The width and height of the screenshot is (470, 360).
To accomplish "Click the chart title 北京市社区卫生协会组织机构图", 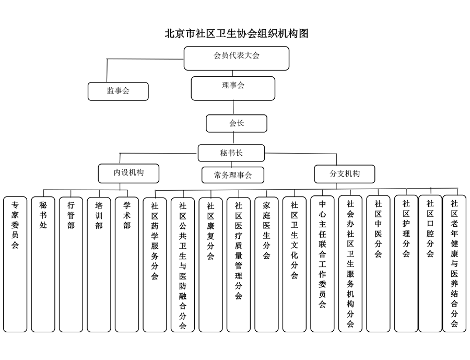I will point(237,34).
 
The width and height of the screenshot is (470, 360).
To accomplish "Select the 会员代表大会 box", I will point(236,58).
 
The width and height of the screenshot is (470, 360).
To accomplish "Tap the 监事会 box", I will point(118,91).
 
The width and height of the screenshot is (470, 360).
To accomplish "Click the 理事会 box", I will point(232,88).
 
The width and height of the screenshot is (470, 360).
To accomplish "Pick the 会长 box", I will point(236,123).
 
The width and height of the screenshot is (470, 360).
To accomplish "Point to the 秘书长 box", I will point(231,153).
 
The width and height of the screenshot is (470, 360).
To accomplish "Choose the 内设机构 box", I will point(128,173).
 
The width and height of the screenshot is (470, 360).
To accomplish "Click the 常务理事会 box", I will point(232,175).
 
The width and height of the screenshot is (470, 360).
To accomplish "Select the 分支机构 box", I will point(344,173).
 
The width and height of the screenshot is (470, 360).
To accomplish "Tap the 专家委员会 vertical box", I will point(15,264).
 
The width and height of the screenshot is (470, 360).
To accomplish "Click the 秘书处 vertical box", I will point(43,264).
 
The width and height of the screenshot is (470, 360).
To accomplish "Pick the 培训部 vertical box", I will point(99,264).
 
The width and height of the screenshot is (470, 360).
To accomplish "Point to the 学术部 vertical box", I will point(127,264).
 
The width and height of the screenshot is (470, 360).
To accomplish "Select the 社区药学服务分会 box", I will point(155,264).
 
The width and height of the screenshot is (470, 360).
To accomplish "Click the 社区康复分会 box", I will point(210,264).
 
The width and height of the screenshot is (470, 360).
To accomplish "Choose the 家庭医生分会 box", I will point(266,264).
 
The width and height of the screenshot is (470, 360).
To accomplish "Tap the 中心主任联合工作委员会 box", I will point(322,264).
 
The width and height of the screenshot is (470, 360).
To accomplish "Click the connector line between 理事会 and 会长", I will point(233,108).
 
